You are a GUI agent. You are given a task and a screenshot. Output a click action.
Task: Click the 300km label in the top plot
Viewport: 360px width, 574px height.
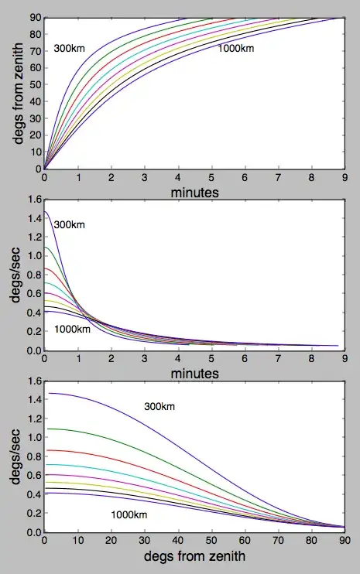[69, 49]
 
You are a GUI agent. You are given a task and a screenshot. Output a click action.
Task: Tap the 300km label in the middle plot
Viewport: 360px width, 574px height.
[69, 225]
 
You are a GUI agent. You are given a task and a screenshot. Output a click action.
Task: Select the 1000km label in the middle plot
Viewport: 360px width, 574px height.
[72, 330]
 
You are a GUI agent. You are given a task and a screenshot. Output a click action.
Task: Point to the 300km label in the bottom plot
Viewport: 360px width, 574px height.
[159, 407]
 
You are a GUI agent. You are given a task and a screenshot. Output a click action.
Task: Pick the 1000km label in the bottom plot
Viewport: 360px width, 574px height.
[129, 514]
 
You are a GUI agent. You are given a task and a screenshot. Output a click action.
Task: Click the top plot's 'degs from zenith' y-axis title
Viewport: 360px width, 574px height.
[18, 92]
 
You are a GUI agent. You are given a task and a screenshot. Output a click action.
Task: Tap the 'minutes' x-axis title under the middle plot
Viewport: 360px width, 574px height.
[194, 373]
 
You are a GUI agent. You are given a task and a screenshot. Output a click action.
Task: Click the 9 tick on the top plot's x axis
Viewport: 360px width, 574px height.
[345, 177]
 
